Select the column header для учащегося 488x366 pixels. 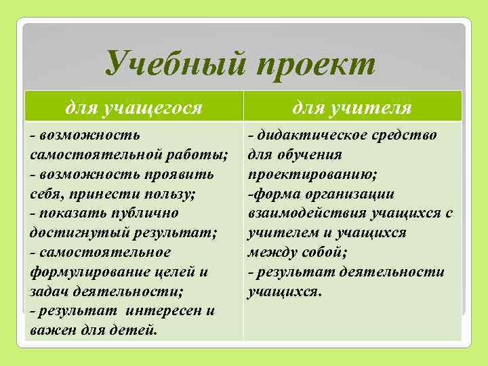[x=134, y=106]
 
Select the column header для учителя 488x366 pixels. [x=352, y=106]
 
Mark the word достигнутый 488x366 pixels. [x=70, y=233]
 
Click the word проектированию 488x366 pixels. [x=312, y=174]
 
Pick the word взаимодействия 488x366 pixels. [x=306, y=213]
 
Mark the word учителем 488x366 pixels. [x=279, y=233]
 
